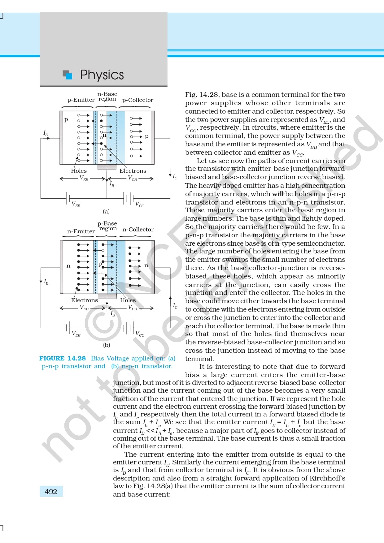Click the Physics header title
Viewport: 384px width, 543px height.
102,75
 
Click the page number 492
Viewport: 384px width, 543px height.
51,492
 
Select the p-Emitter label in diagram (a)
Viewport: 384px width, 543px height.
81,100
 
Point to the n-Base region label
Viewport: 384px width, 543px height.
107,96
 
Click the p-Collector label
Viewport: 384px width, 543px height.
137,100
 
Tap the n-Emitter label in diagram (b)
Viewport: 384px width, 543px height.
81,231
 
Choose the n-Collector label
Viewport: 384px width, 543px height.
138,230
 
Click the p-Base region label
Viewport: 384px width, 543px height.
107,226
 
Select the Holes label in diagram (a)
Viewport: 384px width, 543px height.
79,171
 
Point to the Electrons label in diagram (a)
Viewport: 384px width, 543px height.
133,171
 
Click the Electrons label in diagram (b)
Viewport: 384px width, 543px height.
84,300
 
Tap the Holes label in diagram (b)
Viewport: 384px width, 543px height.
128,300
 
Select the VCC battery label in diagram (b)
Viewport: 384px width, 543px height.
140,334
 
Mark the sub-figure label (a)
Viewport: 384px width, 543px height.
106,212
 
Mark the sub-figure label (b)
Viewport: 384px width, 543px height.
107,345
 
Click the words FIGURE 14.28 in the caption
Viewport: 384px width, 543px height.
62,358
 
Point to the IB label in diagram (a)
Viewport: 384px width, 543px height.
112,184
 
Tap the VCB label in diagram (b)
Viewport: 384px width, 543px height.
133,308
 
